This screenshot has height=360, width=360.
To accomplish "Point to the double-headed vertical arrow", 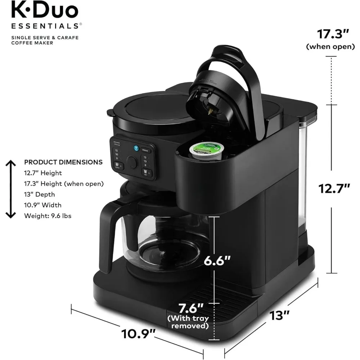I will point(11,189).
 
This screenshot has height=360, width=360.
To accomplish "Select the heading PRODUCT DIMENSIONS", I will point(63,162).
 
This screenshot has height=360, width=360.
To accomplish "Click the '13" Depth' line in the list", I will point(40,194).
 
